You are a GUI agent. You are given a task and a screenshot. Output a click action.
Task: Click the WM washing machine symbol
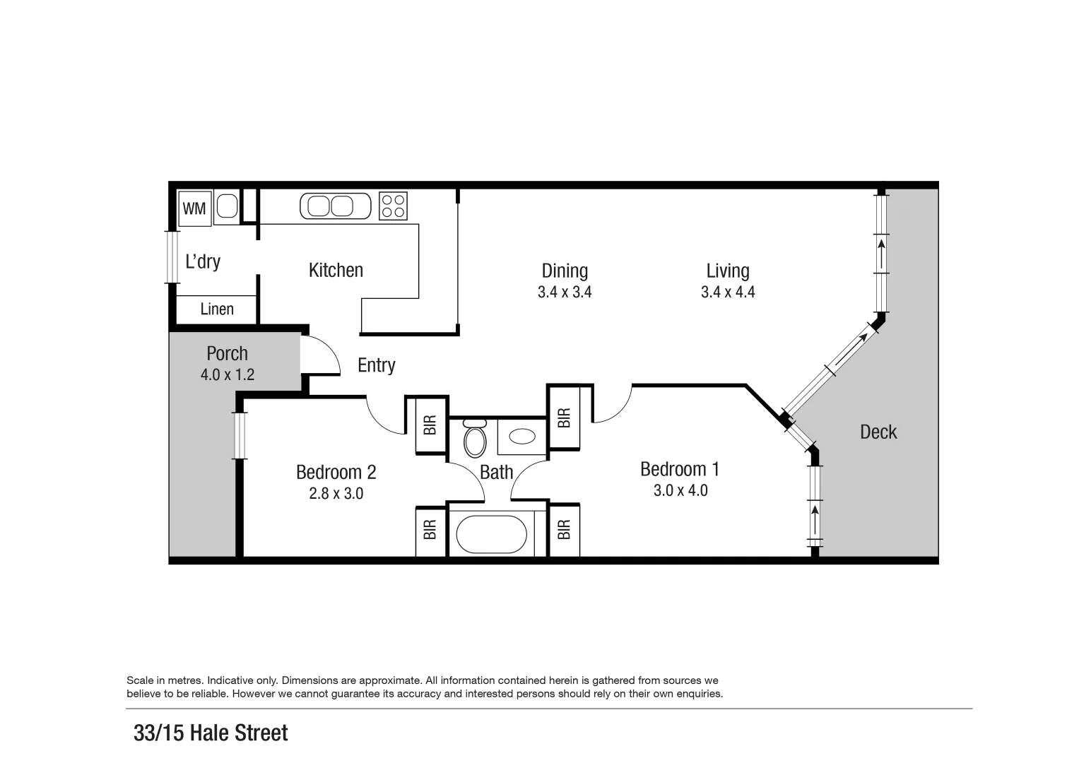(x=194, y=208)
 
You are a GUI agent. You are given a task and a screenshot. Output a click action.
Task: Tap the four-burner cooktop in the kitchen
(x=394, y=206)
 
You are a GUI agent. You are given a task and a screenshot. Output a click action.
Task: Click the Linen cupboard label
(x=216, y=309)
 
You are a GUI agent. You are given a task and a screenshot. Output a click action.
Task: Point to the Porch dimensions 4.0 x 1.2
(x=227, y=374)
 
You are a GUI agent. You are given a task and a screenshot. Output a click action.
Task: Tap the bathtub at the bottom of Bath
(x=491, y=534)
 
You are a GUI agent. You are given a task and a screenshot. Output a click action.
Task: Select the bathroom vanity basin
(x=522, y=437)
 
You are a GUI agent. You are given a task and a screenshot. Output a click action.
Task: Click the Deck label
(x=878, y=432)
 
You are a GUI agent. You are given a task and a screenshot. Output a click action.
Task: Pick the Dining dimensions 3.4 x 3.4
(x=564, y=292)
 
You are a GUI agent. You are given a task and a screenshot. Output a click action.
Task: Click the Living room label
(x=727, y=271)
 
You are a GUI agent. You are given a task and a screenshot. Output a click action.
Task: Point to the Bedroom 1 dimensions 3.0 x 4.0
(x=680, y=490)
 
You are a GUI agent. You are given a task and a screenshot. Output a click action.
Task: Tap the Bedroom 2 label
(x=336, y=472)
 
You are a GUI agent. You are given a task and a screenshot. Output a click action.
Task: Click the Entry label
(x=376, y=365)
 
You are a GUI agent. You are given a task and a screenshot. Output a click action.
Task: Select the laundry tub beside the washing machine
(x=227, y=206)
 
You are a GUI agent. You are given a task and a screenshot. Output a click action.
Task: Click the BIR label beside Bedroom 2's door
(x=430, y=425)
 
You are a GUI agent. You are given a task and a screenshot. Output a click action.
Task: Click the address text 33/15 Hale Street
(x=211, y=733)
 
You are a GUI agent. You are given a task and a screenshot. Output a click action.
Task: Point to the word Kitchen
(x=336, y=270)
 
